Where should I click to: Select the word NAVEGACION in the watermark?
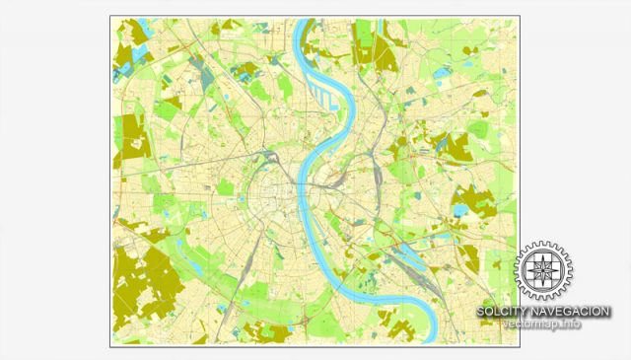567,312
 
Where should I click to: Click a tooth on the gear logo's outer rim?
543,243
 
